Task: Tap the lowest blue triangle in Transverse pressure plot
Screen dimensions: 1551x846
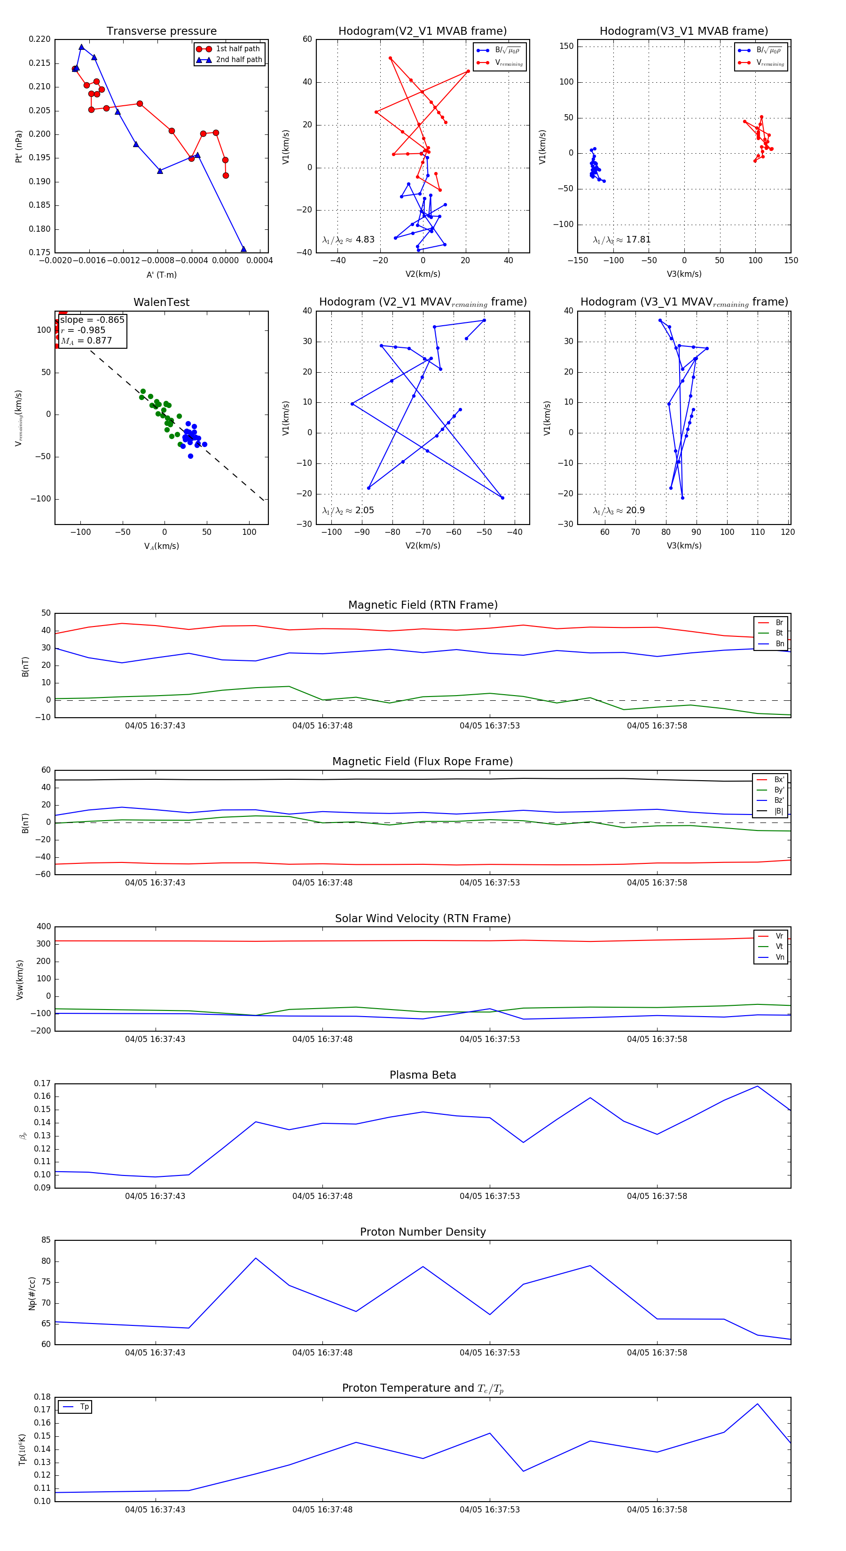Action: (243, 249)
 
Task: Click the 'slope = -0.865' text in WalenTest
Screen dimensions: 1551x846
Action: (92, 320)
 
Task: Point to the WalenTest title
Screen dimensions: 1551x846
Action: (161, 302)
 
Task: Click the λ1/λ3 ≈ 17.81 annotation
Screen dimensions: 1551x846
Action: (621, 240)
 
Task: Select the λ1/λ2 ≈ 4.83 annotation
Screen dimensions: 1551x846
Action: (348, 240)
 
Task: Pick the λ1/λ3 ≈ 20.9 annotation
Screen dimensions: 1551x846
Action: (619, 510)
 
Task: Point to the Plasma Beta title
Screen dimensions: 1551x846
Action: (423, 1075)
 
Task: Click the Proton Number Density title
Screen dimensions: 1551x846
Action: (423, 1232)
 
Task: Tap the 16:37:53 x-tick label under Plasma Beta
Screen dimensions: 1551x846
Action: (490, 1196)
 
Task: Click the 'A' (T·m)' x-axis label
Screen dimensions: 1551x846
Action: (161, 274)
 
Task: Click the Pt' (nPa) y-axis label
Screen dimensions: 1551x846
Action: (19, 146)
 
